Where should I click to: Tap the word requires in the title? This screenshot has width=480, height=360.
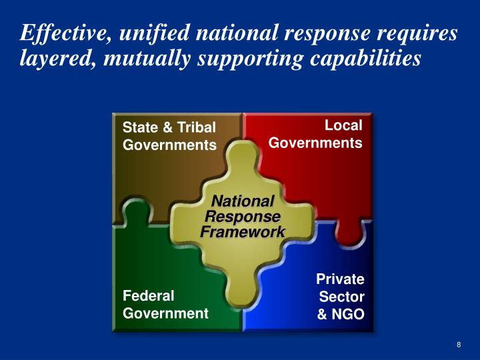(x=421, y=32)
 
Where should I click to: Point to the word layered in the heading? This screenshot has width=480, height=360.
(x=50, y=59)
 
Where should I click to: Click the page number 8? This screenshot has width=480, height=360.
(x=459, y=345)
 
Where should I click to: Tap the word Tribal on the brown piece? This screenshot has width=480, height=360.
(x=193, y=127)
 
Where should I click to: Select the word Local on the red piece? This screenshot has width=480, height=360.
(x=343, y=125)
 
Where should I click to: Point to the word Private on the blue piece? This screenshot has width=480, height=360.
(x=340, y=279)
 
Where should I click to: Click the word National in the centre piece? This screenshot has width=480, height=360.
(x=243, y=201)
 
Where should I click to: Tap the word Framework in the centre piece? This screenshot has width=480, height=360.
(x=243, y=231)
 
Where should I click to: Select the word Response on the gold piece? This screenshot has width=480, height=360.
(x=243, y=217)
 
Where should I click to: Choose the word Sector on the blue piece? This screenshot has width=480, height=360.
(x=342, y=297)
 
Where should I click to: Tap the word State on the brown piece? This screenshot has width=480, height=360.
(x=138, y=127)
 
